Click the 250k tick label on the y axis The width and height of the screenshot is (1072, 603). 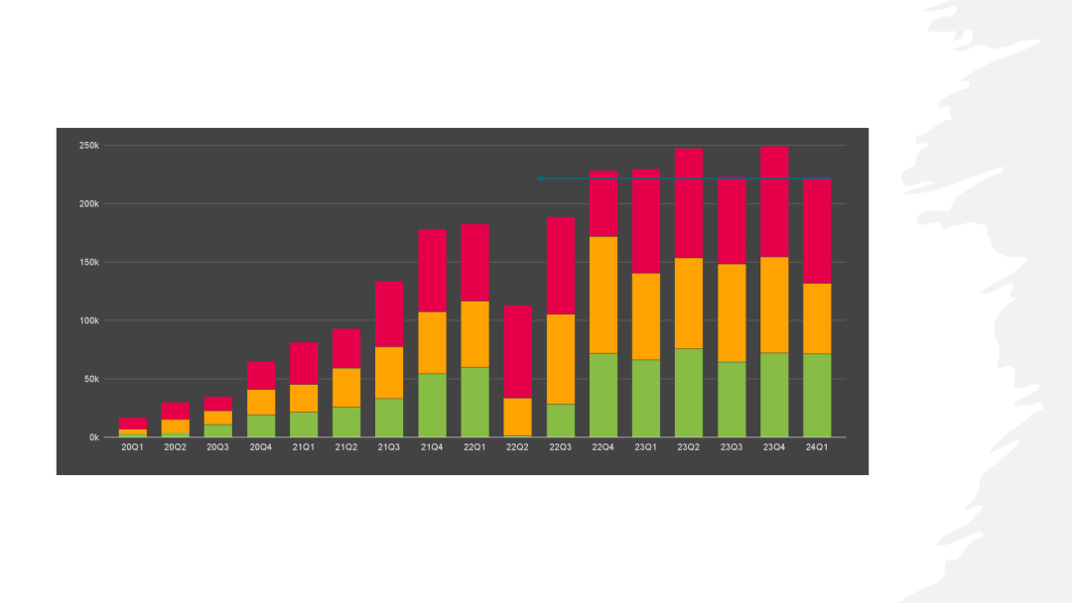(x=89, y=146)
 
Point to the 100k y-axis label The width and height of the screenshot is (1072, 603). (x=89, y=320)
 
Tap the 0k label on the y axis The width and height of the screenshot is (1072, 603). (x=94, y=437)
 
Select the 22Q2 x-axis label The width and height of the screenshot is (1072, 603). (x=517, y=446)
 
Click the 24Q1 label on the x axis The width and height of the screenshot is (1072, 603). (x=816, y=446)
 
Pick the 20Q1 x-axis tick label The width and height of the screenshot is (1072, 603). (x=133, y=446)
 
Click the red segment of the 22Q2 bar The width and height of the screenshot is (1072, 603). (x=517, y=352)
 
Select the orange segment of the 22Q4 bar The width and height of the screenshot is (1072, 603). (x=603, y=295)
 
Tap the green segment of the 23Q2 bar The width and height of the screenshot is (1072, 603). (x=689, y=393)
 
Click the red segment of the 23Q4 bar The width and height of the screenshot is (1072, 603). (x=774, y=201)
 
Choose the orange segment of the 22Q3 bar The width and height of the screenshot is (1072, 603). (x=561, y=359)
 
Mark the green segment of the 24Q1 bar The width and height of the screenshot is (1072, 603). (x=817, y=396)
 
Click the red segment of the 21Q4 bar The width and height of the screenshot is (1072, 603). (x=432, y=271)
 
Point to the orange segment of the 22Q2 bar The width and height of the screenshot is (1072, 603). (x=517, y=417)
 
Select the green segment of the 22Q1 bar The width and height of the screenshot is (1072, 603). (x=475, y=403)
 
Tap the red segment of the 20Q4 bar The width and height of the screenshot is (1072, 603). (x=261, y=376)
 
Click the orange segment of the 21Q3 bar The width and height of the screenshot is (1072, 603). (x=389, y=373)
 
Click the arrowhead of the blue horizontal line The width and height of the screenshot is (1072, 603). (x=540, y=179)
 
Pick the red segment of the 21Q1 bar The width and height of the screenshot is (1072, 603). (x=304, y=363)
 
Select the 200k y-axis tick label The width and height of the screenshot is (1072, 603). (x=89, y=203)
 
